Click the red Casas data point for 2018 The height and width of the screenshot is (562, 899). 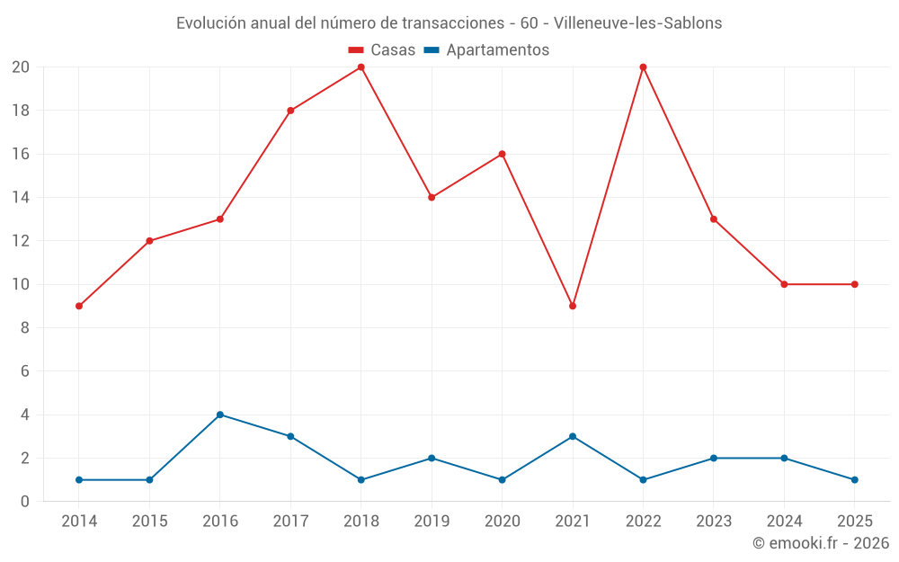pyautogui.click(x=360, y=67)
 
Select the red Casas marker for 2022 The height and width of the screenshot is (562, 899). pyautogui.click(x=643, y=67)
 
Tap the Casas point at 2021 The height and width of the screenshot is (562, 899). pyautogui.click(x=573, y=306)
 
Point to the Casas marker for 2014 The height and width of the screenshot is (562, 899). pyautogui.click(x=79, y=306)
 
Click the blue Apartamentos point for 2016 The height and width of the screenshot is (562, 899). pyautogui.click(x=220, y=415)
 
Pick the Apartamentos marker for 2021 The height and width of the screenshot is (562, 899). pyautogui.click(x=573, y=436)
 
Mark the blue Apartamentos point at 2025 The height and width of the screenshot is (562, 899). pyautogui.click(x=854, y=479)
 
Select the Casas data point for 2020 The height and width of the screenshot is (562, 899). pyautogui.click(x=502, y=154)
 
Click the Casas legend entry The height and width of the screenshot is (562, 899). pyautogui.click(x=382, y=50)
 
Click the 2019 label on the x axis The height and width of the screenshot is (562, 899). pyautogui.click(x=432, y=522)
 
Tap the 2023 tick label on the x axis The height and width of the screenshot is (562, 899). pyautogui.click(x=713, y=522)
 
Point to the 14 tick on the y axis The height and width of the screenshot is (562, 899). pyautogui.click(x=21, y=197)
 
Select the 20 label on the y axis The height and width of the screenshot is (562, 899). pyautogui.click(x=21, y=67)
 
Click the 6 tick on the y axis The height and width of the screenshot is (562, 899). pyautogui.click(x=25, y=371)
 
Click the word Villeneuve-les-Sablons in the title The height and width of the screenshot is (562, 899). pyautogui.click(x=638, y=23)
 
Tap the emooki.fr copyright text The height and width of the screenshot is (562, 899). pyautogui.click(x=821, y=543)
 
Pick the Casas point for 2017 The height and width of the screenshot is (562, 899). pyautogui.click(x=290, y=111)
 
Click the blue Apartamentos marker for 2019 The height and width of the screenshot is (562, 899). pyautogui.click(x=432, y=458)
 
